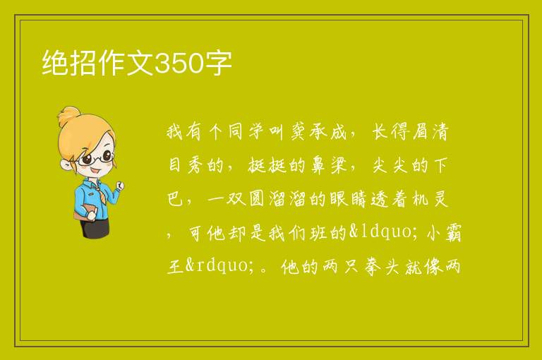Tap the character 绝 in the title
[55, 64]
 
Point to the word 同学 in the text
[246, 131]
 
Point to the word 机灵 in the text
[430, 199]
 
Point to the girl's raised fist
[120, 186]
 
